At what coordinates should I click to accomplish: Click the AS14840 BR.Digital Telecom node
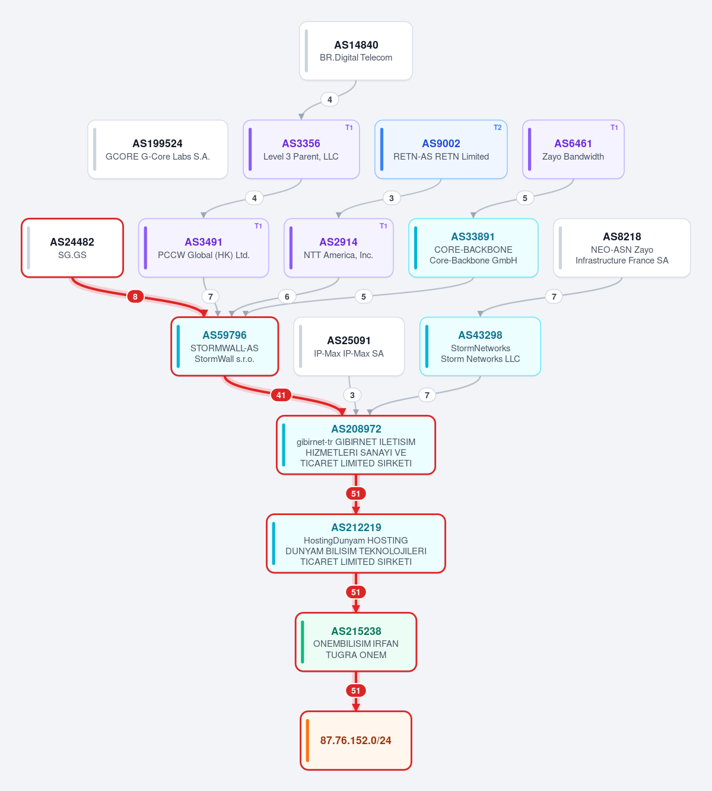(356, 51)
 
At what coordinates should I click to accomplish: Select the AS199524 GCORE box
(158, 150)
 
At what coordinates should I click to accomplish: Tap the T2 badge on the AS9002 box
(497, 128)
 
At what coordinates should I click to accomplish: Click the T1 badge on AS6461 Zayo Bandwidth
(614, 128)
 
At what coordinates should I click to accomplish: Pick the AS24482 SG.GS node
(72, 248)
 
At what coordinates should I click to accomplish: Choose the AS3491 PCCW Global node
(204, 248)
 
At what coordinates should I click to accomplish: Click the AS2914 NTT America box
(338, 248)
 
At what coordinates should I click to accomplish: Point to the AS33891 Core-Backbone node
(473, 248)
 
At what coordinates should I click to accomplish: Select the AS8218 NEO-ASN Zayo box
(622, 248)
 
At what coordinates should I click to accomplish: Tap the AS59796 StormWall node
(224, 347)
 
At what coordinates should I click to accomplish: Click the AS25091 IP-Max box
(349, 347)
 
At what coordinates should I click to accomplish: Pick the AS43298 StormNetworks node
(480, 347)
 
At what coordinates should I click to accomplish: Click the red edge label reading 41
(281, 395)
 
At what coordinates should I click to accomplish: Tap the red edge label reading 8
(135, 297)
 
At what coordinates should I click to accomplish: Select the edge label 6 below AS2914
(287, 297)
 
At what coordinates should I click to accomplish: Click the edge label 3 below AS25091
(352, 395)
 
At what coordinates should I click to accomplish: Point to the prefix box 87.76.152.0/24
(356, 741)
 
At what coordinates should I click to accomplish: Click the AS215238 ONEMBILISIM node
(356, 642)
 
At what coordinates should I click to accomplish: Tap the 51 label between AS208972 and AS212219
(356, 494)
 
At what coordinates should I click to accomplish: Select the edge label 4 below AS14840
(330, 99)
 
